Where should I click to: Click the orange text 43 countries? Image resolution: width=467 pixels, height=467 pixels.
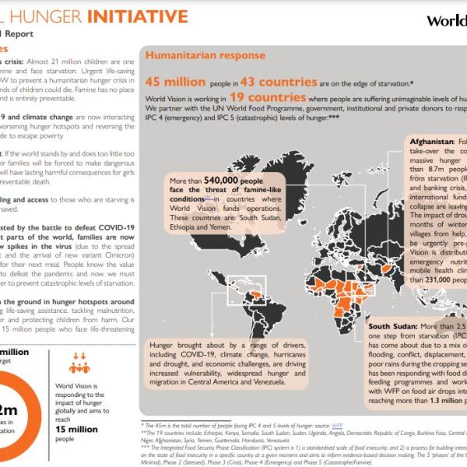point(277,81)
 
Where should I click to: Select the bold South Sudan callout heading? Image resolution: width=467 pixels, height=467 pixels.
point(397,327)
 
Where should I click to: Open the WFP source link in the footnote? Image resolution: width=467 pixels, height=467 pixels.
point(337,426)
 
